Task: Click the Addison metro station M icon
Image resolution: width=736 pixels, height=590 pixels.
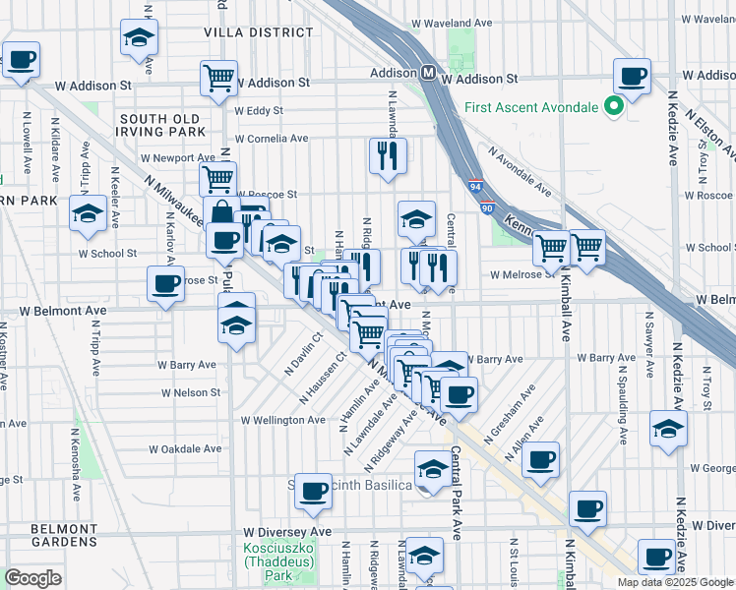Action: [x=429, y=74]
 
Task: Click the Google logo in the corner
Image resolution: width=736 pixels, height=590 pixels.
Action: [x=32, y=578]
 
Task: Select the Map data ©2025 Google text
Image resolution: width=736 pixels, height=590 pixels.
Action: [x=675, y=582]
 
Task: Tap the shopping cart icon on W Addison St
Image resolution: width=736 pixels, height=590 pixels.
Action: [x=217, y=78]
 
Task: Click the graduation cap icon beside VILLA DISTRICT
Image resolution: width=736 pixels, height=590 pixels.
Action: [x=139, y=37]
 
